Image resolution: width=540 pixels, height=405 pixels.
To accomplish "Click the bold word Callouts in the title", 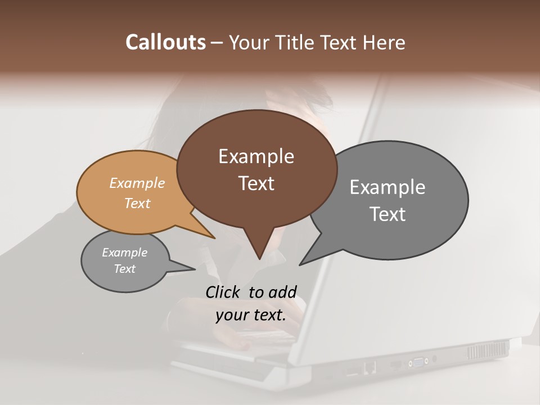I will coord(165,42).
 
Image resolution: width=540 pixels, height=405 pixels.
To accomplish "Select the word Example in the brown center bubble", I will coord(256,156).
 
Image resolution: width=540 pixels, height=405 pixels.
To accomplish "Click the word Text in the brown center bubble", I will coord(256,183).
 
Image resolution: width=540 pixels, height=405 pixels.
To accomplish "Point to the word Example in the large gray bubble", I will coord(388,187).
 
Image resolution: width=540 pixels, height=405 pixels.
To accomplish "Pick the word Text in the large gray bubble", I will coord(388,214).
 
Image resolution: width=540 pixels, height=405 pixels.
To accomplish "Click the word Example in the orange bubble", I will coord(137,183).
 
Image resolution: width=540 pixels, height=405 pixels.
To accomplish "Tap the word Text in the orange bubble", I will coord(137,203).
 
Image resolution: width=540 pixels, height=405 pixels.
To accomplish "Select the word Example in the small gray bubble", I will coord(124,253).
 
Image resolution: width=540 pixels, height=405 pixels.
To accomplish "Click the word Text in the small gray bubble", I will coord(124,269).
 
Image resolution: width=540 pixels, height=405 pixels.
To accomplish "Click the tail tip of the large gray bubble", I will coord(300,264).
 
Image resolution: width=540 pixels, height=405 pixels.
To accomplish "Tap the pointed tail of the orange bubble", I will coord(214,237).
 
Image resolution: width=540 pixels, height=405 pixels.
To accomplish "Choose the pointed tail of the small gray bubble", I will coord(194,269).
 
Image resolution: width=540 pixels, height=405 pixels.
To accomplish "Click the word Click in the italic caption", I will coord(224,292).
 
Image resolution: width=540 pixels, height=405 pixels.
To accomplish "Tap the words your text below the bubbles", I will coord(250,315).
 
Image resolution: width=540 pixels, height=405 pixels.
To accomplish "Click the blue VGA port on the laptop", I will coord(418,361).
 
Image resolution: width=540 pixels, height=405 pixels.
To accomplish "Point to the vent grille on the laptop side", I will coord(487,350).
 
